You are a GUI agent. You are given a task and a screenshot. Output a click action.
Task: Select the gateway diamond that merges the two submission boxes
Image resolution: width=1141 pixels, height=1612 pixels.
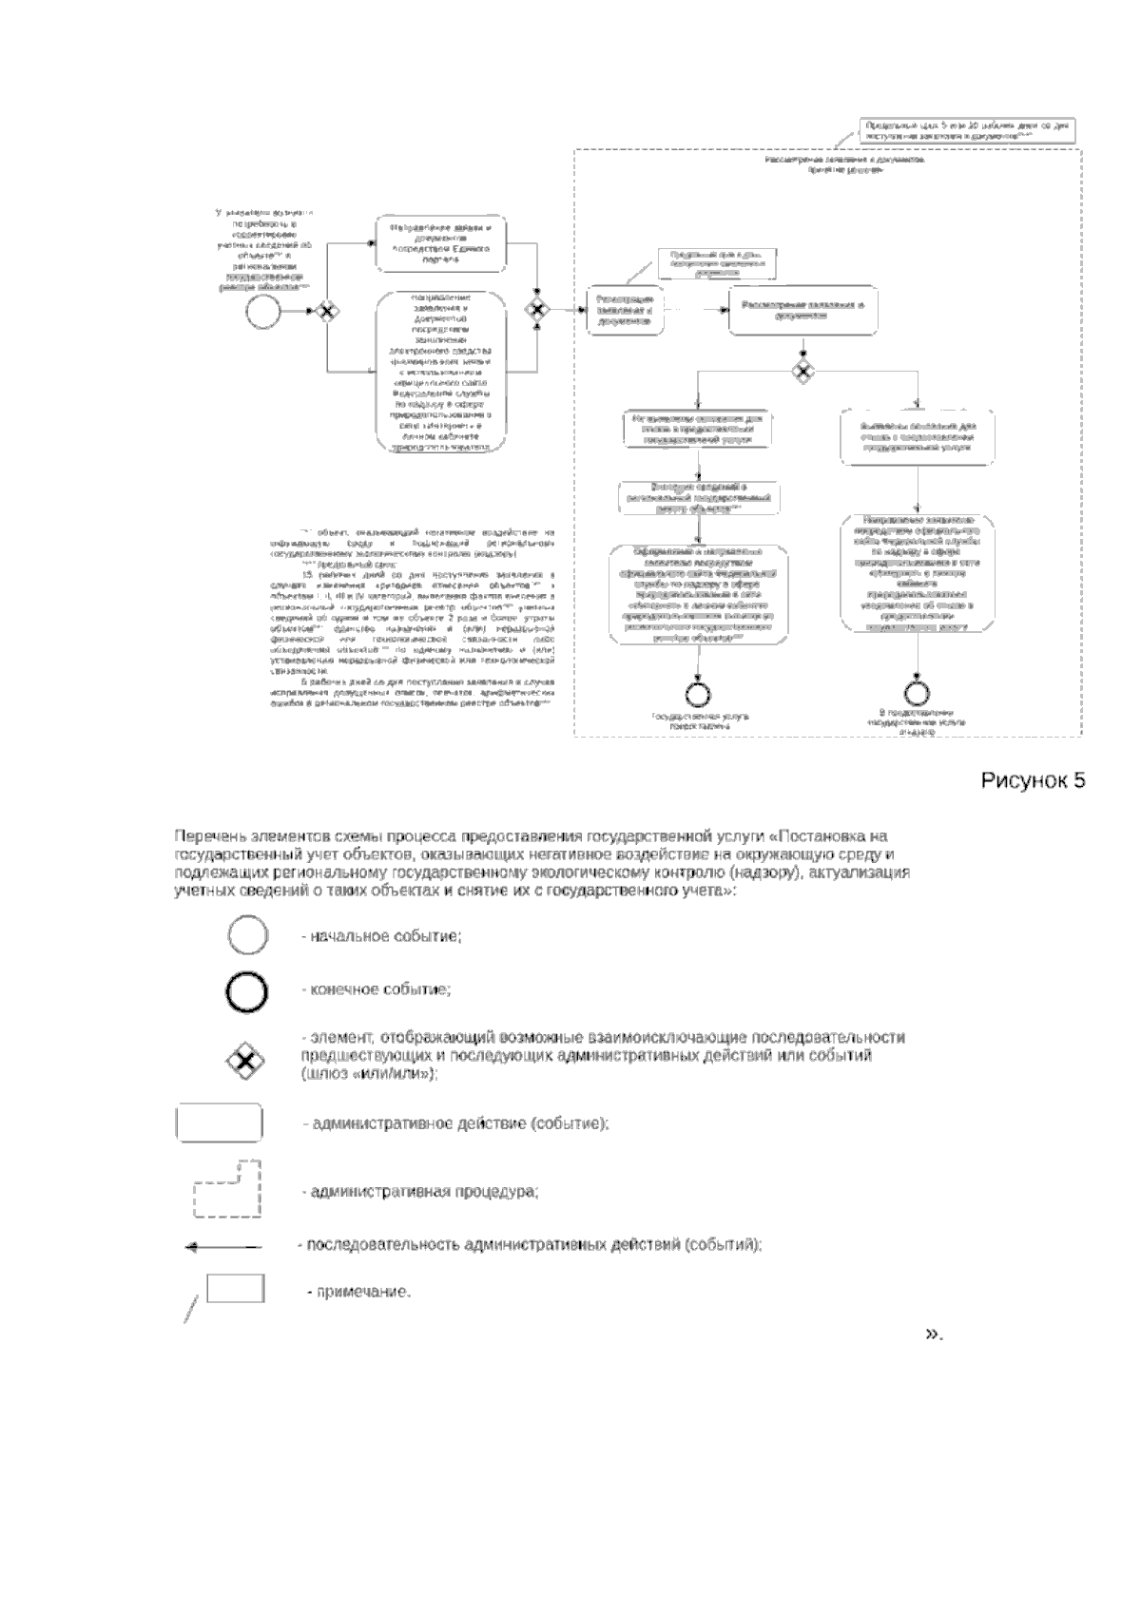(538, 309)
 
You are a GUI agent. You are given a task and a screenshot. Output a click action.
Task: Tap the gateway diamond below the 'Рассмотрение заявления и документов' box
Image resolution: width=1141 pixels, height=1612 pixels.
(803, 371)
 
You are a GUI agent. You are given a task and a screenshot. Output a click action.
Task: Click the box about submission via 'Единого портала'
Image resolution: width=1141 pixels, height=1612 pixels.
(440, 244)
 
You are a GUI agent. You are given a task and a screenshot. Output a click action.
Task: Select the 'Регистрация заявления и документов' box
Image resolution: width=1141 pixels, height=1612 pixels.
(624, 310)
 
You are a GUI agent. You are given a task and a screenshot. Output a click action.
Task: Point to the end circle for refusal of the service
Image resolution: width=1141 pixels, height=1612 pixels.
(918, 693)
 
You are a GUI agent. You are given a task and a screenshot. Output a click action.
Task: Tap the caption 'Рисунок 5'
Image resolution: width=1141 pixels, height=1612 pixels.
(1033, 780)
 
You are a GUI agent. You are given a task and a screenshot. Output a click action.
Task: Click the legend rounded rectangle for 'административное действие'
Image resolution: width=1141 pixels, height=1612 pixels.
(219, 1123)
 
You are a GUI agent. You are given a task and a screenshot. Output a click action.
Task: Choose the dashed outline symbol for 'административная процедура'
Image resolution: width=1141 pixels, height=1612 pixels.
(226, 1190)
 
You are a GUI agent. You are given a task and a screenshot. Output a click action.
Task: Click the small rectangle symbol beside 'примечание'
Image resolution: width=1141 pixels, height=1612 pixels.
(235, 1289)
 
